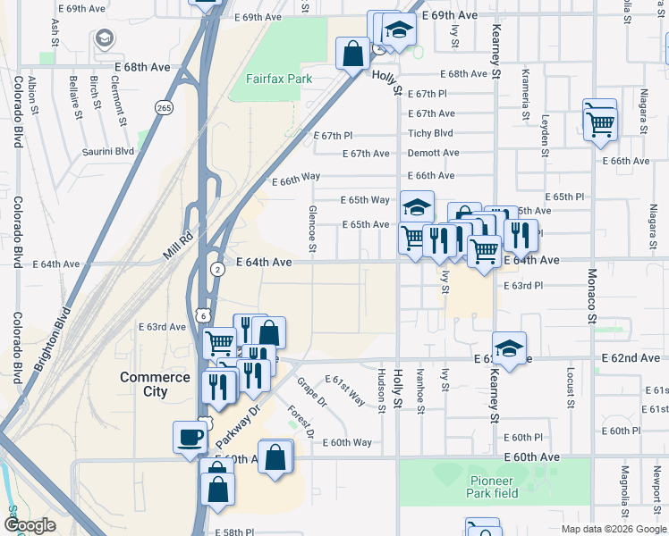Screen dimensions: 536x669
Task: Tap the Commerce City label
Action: coord(156,384)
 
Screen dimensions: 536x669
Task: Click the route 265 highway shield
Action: coord(165,107)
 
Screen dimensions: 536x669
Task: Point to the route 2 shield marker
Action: coord(217,268)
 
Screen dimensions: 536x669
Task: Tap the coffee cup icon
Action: coord(190,437)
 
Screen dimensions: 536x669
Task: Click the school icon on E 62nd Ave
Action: coord(509,348)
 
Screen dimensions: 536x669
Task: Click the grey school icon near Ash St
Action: coord(105,38)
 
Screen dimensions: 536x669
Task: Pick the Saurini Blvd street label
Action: coord(109,152)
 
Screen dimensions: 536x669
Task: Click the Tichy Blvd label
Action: coord(430,133)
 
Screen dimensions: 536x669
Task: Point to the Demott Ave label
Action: coord(433,153)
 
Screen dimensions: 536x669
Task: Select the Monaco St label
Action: coord(591,295)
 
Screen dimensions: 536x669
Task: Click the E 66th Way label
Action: coord(296,179)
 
